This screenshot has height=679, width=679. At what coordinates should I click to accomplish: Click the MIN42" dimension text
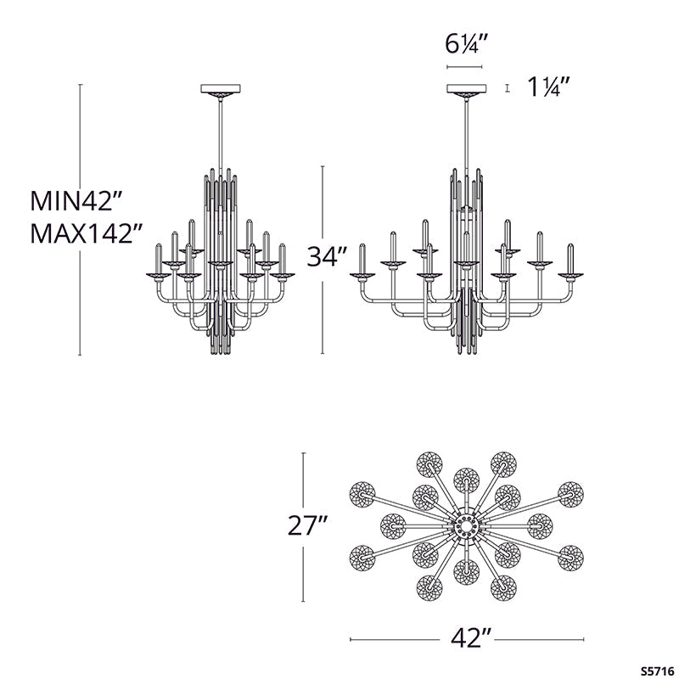click(77, 201)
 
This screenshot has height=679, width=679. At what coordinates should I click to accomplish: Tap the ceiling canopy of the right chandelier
click(465, 89)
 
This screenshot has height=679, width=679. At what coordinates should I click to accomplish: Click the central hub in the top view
click(466, 527)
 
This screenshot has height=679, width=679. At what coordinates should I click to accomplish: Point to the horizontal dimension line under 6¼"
click(464, 66)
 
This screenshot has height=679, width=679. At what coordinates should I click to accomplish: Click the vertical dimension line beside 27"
click(304, 526)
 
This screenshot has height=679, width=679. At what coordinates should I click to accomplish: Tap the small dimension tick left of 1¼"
click(506, 87)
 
